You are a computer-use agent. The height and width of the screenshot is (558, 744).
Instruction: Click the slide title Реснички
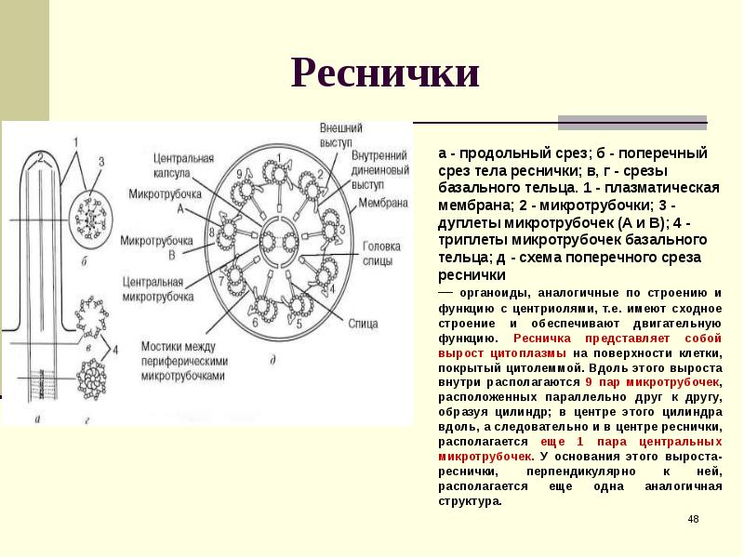(x=386, y=73)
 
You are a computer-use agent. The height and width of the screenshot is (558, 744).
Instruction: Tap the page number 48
(x=693, y=518)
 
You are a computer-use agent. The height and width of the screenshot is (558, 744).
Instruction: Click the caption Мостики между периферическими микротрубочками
(x=183, y=360)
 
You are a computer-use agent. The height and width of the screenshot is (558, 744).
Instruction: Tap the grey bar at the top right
(x=632, y=121)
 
